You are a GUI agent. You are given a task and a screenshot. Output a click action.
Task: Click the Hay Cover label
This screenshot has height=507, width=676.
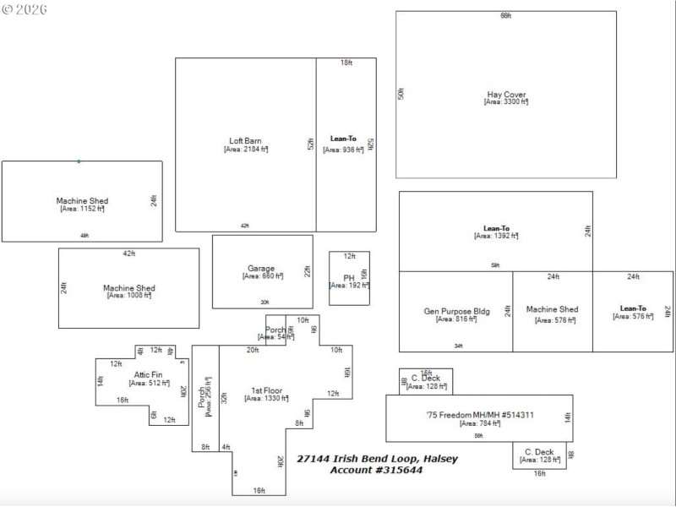click(506, 95)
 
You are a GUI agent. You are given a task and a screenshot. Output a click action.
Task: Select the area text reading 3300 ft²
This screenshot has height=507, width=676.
click(506, 102)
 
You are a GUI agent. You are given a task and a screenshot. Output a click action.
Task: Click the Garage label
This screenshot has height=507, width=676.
click(261, 269)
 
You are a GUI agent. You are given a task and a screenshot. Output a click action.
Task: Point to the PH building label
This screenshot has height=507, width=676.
click(349, 278)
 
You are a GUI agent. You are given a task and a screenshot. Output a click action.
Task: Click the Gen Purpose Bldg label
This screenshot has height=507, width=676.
click(456, 311)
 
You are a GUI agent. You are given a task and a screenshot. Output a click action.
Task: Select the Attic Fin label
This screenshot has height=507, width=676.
click(148, 374)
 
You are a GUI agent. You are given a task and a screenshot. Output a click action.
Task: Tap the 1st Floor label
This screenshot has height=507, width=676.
click(267, 390)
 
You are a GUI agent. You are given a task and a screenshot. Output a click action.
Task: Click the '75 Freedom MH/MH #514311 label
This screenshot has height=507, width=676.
click(480, 415)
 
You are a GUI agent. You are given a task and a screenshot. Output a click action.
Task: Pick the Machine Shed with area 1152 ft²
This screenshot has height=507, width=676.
click(82, 201)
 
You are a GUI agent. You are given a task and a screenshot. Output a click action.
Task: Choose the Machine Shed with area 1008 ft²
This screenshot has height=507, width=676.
click(128, 288)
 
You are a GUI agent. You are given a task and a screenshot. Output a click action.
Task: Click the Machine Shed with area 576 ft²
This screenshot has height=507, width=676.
click(552, 310)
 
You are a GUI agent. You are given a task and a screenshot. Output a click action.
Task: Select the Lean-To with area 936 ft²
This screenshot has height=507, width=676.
click(343, 139)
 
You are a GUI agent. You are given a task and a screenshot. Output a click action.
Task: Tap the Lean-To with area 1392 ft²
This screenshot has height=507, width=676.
click(496, 228)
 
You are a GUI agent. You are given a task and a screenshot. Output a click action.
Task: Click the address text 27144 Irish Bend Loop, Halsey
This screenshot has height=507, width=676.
click(377, 459)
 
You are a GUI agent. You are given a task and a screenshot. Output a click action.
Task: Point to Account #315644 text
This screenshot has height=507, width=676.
click(376, 470)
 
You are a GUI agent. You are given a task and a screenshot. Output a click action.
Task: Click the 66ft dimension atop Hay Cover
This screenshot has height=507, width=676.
click(505, 16)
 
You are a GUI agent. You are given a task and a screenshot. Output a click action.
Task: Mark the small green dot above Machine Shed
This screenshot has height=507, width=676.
click(79, 161)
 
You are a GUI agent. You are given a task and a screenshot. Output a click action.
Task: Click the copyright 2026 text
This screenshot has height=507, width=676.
click(25, 9)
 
